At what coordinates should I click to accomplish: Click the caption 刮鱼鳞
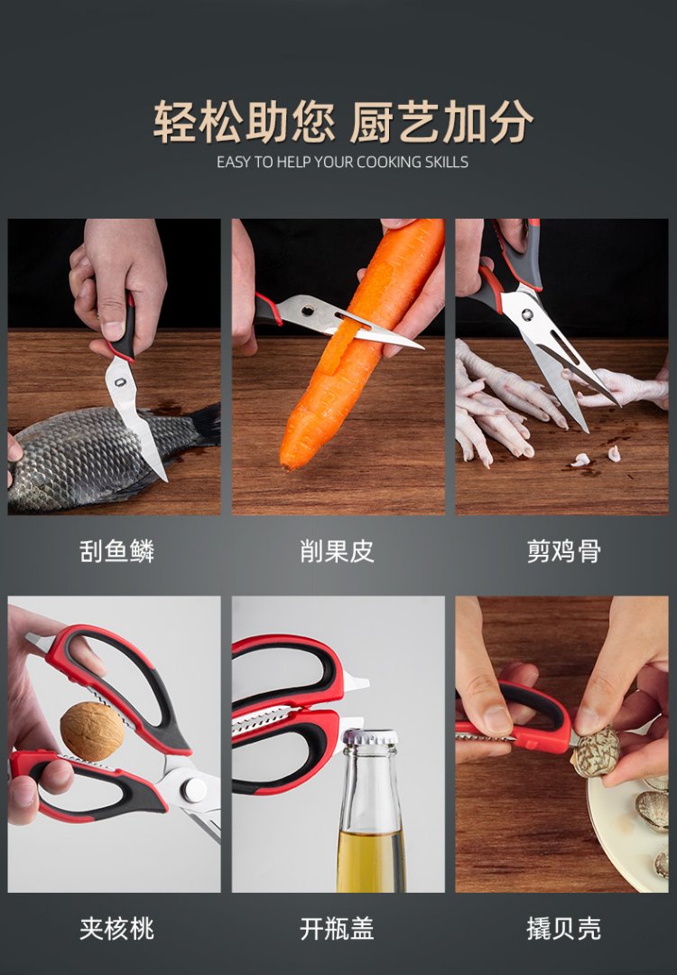tap(116, 551)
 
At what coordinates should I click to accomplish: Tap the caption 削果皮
tap(338, 551)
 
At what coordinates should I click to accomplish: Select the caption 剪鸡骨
tap(564, 551)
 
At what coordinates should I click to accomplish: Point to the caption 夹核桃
tap(116, 929)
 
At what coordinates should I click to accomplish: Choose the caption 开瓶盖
tap(338, 929)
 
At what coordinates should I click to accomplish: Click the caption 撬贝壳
tap(564, 929)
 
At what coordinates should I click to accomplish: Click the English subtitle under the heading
tap(342, 163)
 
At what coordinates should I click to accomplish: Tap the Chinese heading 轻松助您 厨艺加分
tap(343, 121)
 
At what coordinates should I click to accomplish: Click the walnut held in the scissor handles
tap(92, 731)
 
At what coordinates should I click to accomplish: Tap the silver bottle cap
tap(371, 738)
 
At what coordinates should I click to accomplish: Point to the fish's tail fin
tap(205, 424)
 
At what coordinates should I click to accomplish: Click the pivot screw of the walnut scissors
tap(193, 789)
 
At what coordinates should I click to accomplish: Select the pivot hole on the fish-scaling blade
tap(120, 382)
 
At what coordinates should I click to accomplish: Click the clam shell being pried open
tap(596, 751)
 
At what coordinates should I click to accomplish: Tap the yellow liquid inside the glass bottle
tap(371, 860)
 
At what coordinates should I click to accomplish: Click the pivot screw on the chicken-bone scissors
tap(527, 314)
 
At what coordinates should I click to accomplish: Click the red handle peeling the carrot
tap(267, 310)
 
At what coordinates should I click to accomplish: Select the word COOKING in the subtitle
tap(389, 163)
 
